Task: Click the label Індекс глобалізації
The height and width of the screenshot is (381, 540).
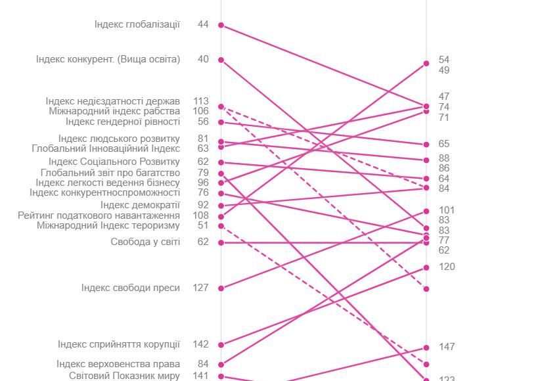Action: click(137, 25)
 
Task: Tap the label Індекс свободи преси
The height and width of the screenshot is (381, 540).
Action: click(131, 288)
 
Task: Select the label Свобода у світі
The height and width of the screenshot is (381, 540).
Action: click(145, 242)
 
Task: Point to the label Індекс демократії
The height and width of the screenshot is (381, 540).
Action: click(140, 205)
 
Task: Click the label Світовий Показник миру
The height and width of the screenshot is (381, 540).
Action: click(124, 376)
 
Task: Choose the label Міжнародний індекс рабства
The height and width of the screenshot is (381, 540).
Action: click(114, 111)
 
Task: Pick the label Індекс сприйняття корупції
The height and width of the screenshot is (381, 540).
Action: click(119, 344)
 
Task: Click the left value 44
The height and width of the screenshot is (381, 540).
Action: click(203, 24)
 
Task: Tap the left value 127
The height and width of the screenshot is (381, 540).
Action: click(200, 287)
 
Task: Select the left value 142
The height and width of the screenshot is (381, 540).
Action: click(200, 344)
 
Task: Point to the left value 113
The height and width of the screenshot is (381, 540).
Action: click(201, 101)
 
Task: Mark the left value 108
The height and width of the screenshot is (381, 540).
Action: click(201, 215)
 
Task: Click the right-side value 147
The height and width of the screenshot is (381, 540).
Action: click(447, 347)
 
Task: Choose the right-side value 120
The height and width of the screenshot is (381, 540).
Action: click(447, 267)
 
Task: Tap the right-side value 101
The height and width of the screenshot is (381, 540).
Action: click(447, 210)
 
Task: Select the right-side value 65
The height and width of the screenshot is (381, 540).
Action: click(444, 144)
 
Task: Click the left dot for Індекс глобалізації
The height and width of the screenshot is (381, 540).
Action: click(221, 25)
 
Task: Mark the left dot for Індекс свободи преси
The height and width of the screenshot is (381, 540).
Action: click(221, 288)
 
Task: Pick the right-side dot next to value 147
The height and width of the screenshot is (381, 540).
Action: click(426, 348)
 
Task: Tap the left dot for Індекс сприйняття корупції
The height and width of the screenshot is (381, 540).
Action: click(221, 345)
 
